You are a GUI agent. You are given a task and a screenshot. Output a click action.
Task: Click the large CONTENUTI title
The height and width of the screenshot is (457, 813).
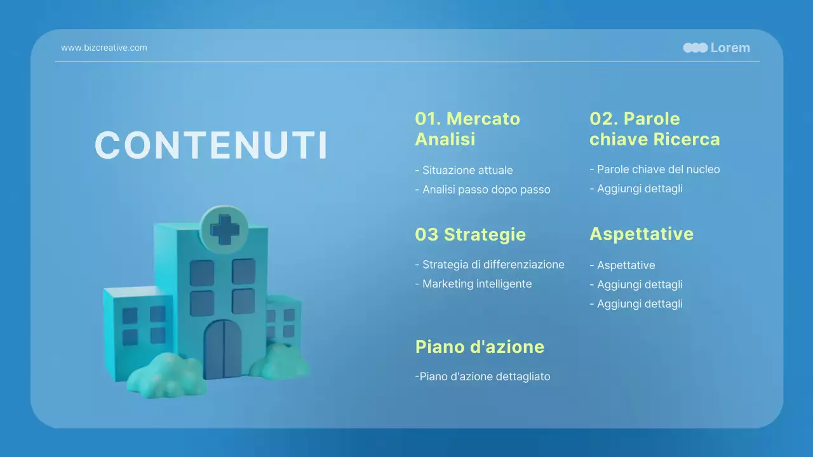[x=211, y=145]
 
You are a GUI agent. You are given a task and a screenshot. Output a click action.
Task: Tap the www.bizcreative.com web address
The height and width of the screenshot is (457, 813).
[x=104, y=48]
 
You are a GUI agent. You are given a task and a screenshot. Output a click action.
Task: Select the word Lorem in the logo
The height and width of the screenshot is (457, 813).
[x=730, y=48]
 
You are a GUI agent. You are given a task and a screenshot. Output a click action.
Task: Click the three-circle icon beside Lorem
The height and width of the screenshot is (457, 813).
[x=695, y=48]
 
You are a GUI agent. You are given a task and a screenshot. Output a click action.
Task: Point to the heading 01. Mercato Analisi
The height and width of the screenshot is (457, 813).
[x=467, y=129]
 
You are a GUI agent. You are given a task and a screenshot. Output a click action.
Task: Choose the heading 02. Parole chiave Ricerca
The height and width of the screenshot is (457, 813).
[x=654, y=129]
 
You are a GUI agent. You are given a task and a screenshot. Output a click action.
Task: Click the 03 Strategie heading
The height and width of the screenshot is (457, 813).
[x=470, y=234]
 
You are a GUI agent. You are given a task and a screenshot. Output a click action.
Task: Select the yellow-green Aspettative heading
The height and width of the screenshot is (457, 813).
[x=641, y=234]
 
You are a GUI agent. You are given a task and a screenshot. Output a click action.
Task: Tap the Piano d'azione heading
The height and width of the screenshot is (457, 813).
[x=480, y=347]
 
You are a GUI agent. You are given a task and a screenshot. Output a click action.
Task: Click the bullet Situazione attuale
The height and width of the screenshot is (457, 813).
[x=464, y=170]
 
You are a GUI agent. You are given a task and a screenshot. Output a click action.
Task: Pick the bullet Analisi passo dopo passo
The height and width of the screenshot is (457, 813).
[x=483, y=189]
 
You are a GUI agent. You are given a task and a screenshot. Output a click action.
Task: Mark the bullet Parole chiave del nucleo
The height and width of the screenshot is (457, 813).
[x=655, y=169]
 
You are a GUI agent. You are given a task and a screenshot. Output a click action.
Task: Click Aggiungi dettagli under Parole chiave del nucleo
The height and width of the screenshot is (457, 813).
[x=636, y=189]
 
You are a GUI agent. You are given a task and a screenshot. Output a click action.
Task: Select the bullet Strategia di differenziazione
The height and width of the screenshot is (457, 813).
[x=490, y=265]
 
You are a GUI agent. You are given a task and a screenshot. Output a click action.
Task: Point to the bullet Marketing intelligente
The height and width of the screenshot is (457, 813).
[x=473, y=284]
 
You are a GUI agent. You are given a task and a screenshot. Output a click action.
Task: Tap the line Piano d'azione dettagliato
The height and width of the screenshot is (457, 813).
[x=483, y=376]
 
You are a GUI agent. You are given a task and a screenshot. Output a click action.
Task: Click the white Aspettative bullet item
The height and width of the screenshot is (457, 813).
[x=622, y=265]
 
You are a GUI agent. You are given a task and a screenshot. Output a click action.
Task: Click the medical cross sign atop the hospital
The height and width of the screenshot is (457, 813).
[x=224, y=229]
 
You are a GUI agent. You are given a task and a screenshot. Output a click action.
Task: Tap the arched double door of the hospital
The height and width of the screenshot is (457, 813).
[x=223, y=349]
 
